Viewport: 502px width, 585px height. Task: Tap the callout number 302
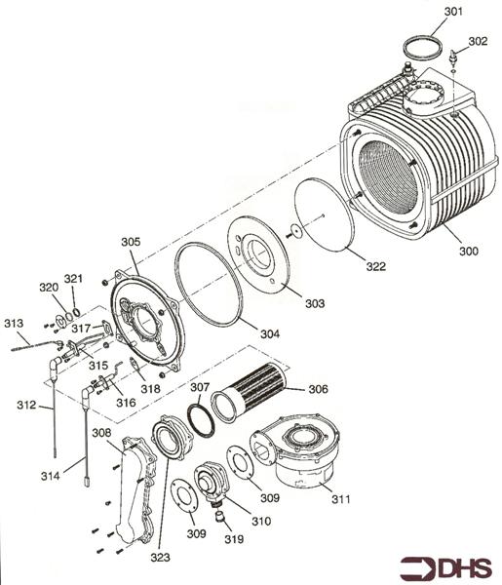pos(477,42)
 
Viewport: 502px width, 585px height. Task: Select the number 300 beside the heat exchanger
pos(468,252)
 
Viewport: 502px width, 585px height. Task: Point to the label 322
pos(375,266)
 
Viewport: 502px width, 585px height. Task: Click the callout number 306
pos(318,388)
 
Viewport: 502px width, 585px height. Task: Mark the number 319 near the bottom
pos(232,538)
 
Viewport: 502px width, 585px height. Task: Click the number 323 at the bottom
pos(160,558)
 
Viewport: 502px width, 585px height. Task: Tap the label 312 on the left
pos(26,404)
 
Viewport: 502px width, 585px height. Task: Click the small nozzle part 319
pos(220,514)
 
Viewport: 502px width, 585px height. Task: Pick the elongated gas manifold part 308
pos(136,487)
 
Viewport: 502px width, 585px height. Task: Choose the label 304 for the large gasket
pos(269,333)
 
